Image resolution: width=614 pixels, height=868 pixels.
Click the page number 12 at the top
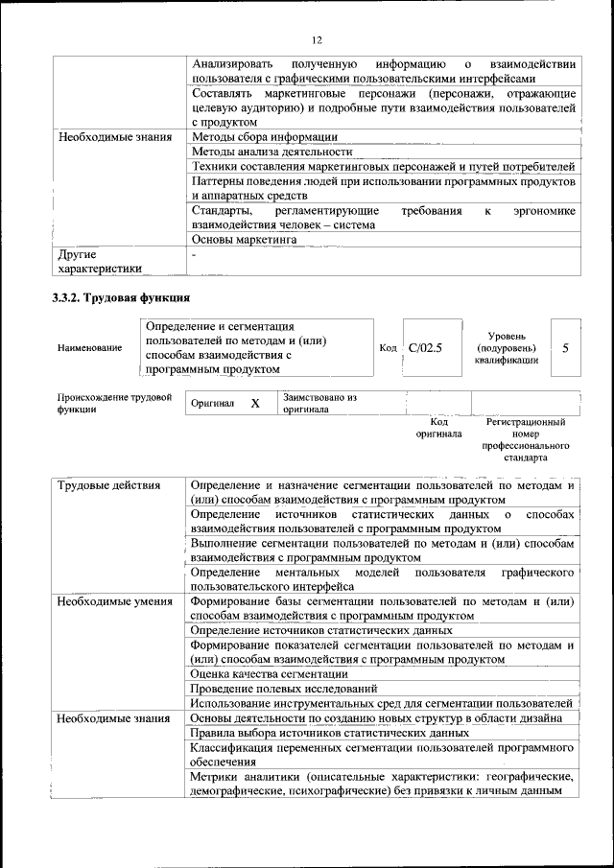317,39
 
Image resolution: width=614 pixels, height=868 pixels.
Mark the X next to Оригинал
255,404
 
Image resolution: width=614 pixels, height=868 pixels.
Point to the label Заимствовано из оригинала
319,403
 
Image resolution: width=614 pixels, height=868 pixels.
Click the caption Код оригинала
438,428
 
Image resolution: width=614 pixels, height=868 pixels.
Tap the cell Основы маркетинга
244,239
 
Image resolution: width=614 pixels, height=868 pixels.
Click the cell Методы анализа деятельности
272,152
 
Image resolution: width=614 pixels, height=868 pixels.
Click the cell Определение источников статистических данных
321,630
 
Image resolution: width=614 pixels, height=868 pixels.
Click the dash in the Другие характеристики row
194,256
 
